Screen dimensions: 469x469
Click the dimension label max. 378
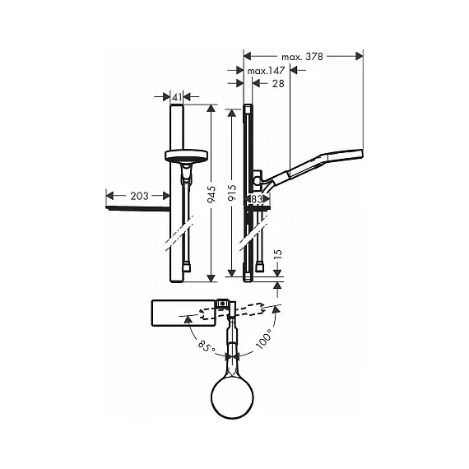point(303,57)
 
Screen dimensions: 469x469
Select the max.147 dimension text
point(266,71)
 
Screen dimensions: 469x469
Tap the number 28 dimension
point(278,83)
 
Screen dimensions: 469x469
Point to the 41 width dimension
point(177,96)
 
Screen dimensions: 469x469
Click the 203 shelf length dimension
point(139,196)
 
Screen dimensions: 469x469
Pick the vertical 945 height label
point(211,194)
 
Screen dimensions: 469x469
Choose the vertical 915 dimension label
point(232,192)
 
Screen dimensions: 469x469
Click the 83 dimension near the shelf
point(257,198)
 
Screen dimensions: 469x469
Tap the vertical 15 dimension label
point(278,253)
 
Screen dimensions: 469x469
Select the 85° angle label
point(207,346)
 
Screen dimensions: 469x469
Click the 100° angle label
point(263,339)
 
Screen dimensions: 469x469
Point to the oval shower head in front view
point(186,156)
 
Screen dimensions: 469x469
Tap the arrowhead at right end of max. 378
point(360,56)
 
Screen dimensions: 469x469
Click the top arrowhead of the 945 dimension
point(211,109)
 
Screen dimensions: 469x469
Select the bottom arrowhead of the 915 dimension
point(232,273)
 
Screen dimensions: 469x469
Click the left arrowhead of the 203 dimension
point(110,196)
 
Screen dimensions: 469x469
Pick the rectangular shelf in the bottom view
point(183,313)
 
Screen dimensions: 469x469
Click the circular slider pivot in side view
point(257,180)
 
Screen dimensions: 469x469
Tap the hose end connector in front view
point(188,267)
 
